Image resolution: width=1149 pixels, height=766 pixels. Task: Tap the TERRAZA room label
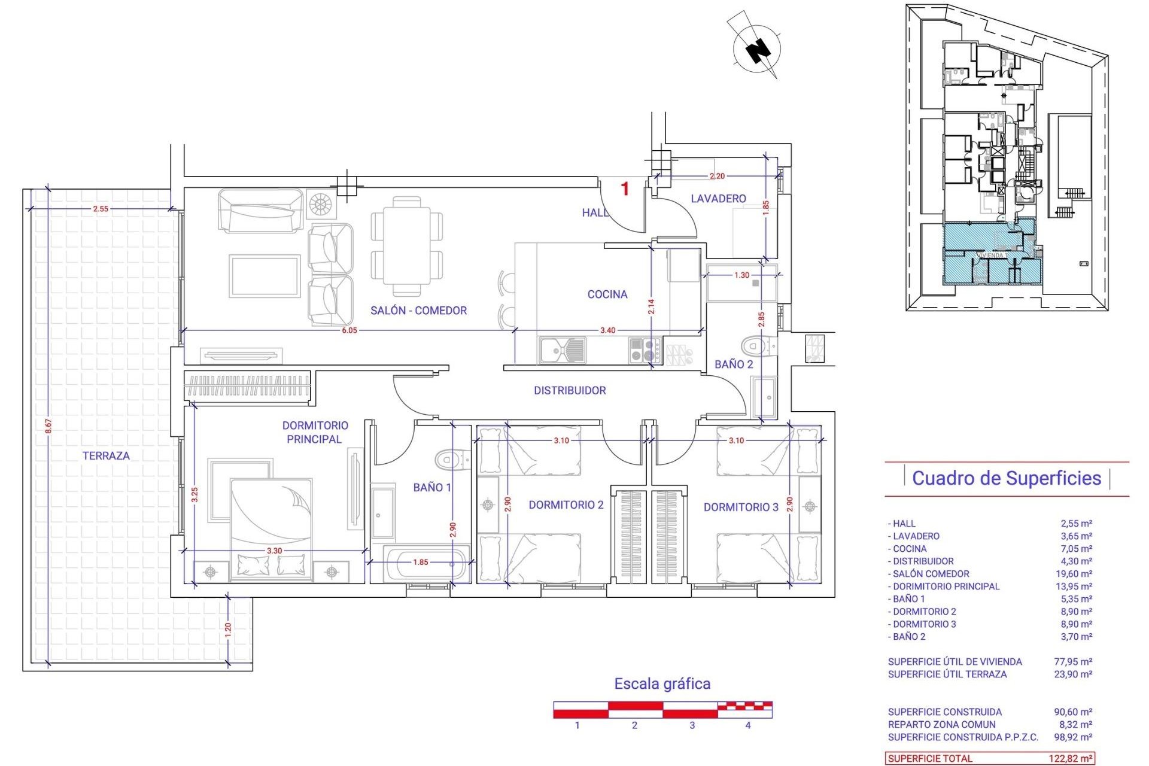[x=106, y=455]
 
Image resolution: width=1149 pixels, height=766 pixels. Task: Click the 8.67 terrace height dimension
[x=48, y=426]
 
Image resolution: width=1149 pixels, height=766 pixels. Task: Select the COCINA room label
[x=607, y=294]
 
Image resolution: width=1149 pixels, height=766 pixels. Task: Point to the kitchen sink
[x=562, y=349]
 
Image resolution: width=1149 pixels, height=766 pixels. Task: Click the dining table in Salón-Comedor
[x=407, y=246]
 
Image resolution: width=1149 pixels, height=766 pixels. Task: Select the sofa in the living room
[x=260, y=211]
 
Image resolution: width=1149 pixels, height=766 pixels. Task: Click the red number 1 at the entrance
[x=625, y=189]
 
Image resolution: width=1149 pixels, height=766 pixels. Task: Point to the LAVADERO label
[x=718, y=198]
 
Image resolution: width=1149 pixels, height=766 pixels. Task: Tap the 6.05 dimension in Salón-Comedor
[x=349, y=330]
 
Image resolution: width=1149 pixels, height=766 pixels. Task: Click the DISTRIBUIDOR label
[x=570, y=390]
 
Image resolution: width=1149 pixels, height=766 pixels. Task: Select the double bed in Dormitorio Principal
[x=271, y=527]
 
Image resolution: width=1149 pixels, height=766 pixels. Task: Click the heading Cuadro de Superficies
[x=1006, y=478]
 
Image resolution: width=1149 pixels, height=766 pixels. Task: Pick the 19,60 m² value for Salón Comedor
[x=1076, y=573]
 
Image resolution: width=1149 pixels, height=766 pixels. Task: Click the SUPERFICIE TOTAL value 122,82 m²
[x=1071, y=758]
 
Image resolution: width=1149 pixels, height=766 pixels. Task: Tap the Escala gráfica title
[x=662, y=683]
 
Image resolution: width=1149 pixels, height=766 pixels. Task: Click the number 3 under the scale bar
[x=692, y=725]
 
